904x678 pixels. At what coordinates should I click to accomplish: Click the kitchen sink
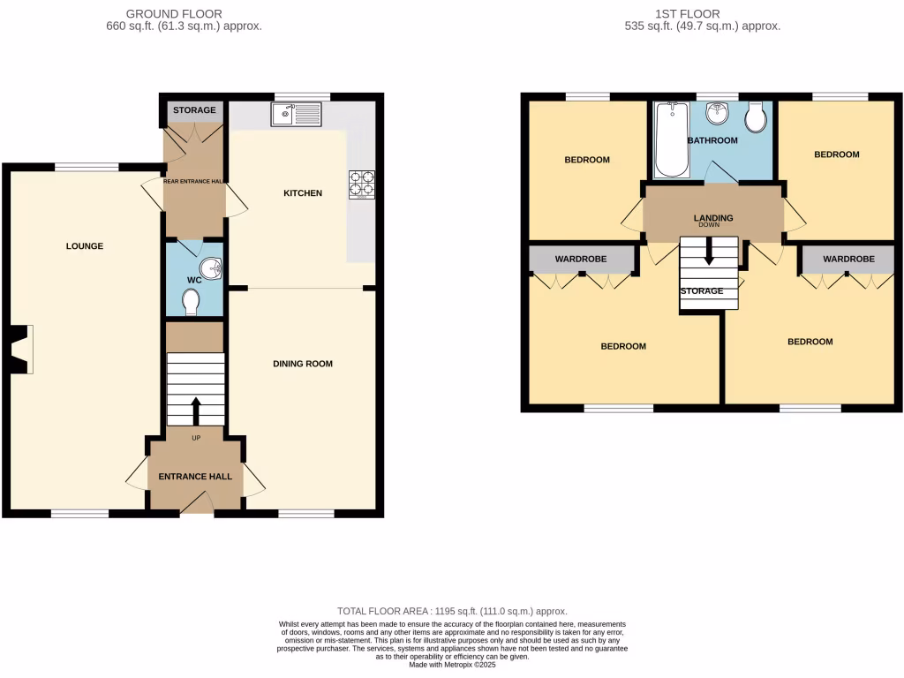click(x=298, y=114)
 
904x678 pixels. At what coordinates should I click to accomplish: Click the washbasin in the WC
click(x=212, y=267)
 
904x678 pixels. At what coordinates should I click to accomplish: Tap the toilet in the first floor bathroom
click(x=756, y=117)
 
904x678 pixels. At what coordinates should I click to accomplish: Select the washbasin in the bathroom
click(x=717, y=116)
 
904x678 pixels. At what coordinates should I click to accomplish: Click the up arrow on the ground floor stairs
click(x=195, y=411)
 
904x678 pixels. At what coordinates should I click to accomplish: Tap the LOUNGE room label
click(x=85, y=246)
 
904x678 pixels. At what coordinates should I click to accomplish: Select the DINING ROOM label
click(x=303, y=364)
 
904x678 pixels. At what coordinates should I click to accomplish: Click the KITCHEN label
click(x=303, y=193)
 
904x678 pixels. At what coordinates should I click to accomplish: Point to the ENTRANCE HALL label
click(x=195, y=477)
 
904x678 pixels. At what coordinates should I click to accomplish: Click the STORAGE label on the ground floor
click(x=194, y=110)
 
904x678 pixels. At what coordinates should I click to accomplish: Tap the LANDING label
click(x=713, y=218)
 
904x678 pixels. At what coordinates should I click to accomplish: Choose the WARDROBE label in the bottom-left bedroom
click(x=581, y=260)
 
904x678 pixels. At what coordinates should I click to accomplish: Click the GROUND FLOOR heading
click(x=174, y=14)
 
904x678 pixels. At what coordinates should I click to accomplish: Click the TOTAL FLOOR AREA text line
click(x=452, y=611)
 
